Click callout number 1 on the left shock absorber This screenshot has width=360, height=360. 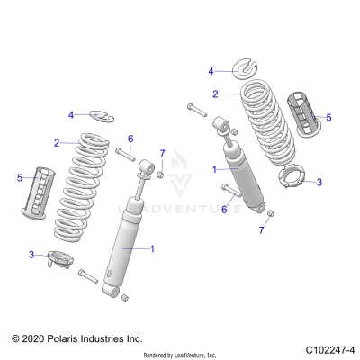tap(153, 247)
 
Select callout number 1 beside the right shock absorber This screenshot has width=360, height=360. tap(214, 168)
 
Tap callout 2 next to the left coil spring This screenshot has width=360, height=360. tap(57, 142)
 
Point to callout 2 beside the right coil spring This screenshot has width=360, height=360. tap(215, 94)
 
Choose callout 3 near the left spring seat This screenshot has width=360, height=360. tap(31, 255)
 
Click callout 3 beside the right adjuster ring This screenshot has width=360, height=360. tap(318, 181)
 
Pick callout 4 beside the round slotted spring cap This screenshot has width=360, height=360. tap(211, 70)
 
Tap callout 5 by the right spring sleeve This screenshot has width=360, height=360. tap(328, 117)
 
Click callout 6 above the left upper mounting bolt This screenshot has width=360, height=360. tap(130, 138)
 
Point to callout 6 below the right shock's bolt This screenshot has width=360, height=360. tap(225, 209)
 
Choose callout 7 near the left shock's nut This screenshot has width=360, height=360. tap(162, 154)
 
